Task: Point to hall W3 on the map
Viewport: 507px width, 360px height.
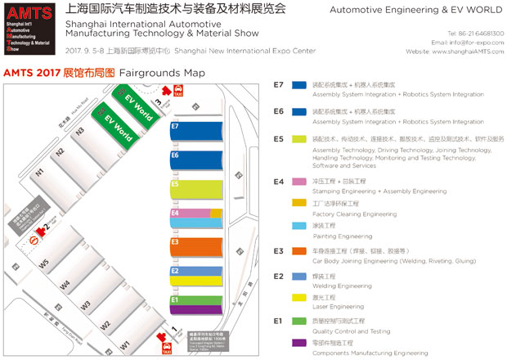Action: point(84,305)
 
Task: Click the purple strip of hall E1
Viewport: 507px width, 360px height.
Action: point(196,308)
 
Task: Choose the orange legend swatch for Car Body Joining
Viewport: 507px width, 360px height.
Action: point(299,250)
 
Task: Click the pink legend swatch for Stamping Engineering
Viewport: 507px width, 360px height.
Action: point(299,180)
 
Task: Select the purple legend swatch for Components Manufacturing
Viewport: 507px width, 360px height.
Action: point(299,342)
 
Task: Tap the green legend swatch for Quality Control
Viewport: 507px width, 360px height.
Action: point(299,320)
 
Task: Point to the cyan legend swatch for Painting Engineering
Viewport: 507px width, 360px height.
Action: point(299,226)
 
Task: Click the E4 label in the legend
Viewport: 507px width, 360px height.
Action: point(278,180)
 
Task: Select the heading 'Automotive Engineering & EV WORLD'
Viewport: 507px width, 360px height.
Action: point(417,11)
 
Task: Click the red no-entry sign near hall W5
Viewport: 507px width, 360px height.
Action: point(34,241)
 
